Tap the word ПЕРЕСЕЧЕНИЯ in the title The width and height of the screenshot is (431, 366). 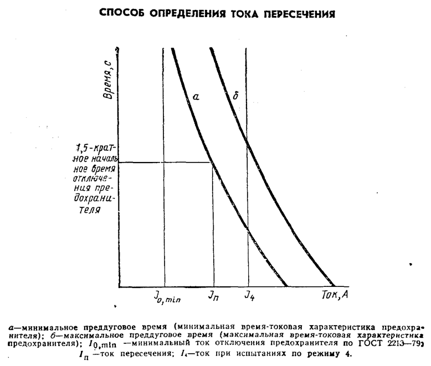(291, 12)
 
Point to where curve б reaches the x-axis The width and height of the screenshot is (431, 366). (335, 286)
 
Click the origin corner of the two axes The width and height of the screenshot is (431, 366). (119, 286)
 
